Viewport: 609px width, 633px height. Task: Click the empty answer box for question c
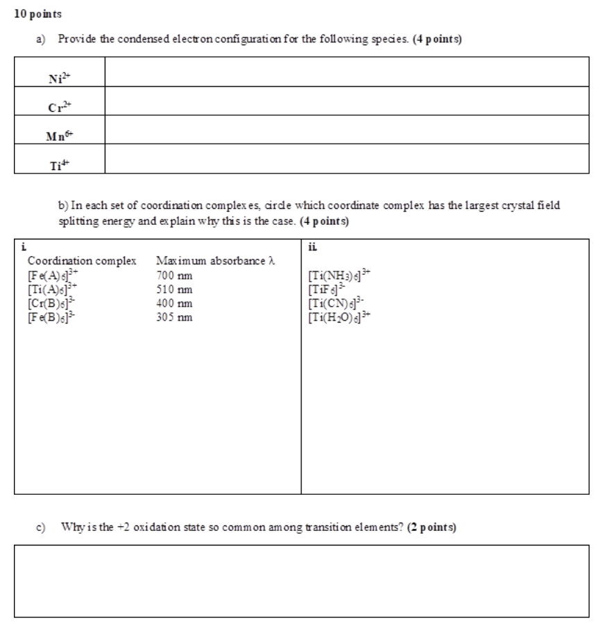click(302, 581)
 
